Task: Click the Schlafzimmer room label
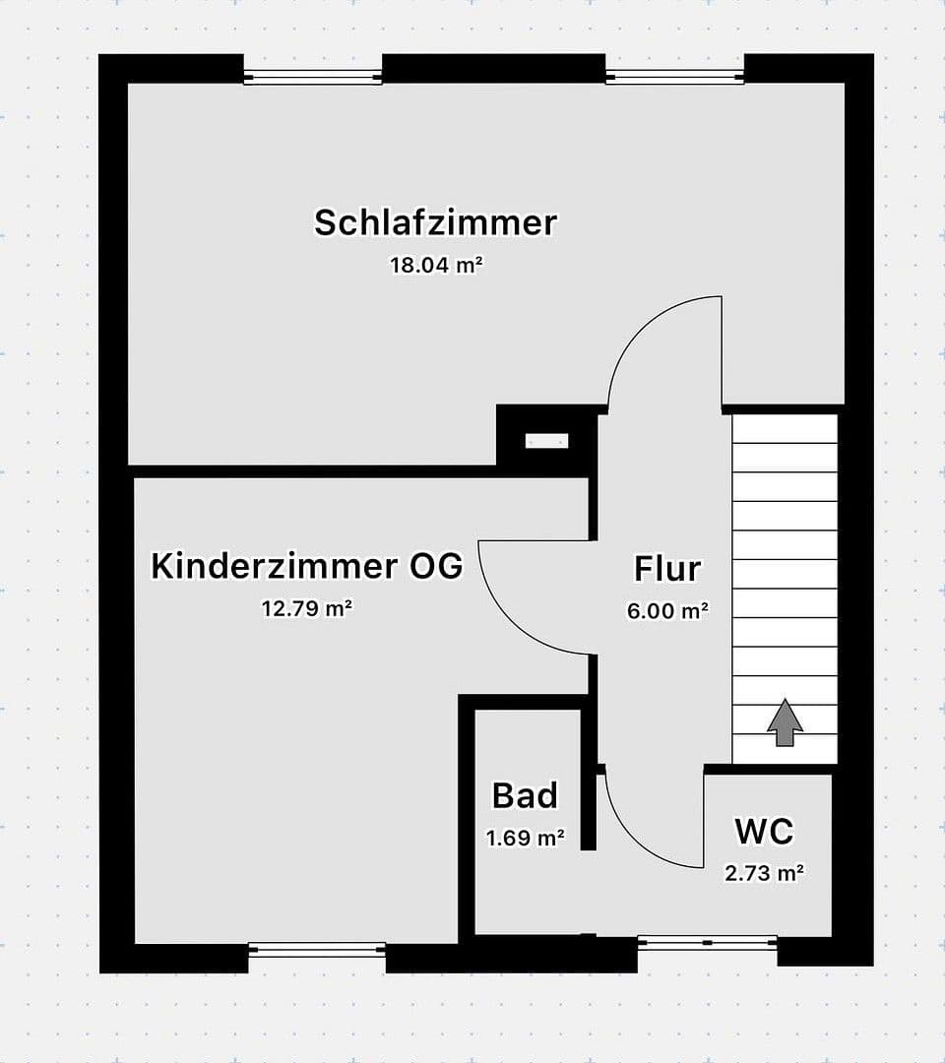point(435,222)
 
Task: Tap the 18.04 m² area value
point(436,265)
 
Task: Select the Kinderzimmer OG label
point(306,566)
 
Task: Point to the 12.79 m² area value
point(306,608)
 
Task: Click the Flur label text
point(667,569)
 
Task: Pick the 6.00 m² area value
point(667,610)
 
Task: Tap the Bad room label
point(525,795)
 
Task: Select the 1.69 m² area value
point(525,839)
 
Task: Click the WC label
point(764,831)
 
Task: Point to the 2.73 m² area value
point(764,872)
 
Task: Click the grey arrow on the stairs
point(785,722)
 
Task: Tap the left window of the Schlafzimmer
point(313,77)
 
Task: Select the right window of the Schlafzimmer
point(674,77)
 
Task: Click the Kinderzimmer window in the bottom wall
point(317,950)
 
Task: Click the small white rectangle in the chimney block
point(546,441)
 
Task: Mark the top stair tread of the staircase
point(785,429)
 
